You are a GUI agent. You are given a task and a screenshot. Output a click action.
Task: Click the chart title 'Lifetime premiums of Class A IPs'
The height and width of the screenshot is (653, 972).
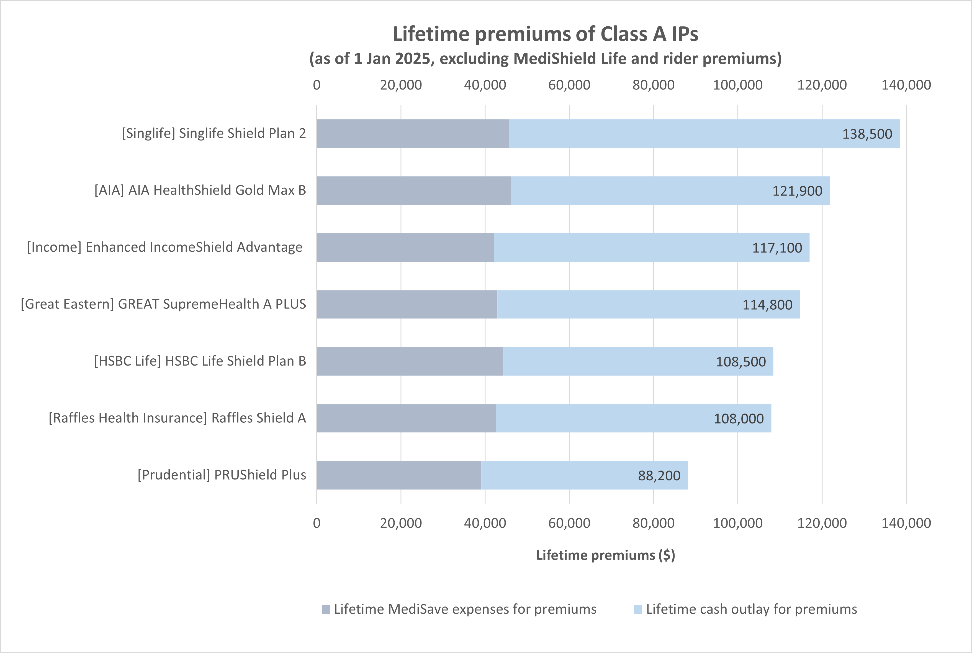point(545,34)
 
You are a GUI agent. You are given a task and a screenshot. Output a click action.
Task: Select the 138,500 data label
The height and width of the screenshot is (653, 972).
point(867,134)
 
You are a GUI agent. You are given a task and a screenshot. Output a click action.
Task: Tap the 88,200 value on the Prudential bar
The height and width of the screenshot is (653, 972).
point(659,476)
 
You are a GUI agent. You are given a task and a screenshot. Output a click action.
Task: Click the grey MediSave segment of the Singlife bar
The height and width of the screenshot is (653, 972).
point(412,134)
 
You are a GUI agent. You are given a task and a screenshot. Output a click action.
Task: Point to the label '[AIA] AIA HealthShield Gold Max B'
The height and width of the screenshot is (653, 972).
point(200,190)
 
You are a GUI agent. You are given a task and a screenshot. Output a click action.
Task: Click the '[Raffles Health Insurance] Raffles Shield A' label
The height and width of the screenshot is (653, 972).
point(177,418)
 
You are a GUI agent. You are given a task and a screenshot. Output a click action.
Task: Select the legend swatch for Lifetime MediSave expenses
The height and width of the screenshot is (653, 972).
point(326,610)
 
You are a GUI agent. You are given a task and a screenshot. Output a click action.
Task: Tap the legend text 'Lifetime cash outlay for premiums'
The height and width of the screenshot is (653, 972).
point(751,609)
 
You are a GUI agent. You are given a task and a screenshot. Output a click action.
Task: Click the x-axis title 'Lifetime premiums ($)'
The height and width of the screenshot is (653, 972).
point(605,555)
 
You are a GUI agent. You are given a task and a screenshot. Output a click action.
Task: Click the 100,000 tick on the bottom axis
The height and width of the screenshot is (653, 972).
point(737,523)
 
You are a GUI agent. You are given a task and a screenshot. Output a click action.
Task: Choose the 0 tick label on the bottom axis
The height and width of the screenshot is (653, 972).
point(317,523)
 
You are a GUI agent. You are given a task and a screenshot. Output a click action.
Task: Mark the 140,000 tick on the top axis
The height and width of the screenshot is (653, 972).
point(906,85)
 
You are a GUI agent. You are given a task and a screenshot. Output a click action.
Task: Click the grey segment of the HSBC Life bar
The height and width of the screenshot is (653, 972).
point(410,361)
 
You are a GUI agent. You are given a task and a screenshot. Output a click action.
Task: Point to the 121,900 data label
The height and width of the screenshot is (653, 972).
point(797,191)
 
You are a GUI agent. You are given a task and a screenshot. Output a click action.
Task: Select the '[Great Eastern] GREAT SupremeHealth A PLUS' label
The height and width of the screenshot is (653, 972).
point(163,304)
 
